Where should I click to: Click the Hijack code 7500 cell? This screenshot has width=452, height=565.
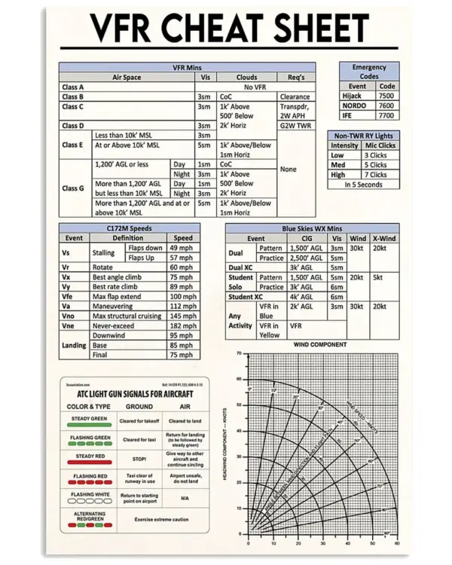[x=386, y=96]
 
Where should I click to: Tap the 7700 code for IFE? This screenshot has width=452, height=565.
[x=386, y=116]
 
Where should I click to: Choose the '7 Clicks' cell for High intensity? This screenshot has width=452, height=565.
[x=376, y=175]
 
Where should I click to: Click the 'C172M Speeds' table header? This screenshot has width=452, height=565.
[x=130, y=228]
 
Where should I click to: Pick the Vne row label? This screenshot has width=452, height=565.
[x=67, y=325]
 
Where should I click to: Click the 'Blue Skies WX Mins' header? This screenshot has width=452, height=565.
[x=312, y=228]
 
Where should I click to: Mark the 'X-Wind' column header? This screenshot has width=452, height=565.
[x=384, y=238]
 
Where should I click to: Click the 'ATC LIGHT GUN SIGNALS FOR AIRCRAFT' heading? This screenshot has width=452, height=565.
[x=135, y=394]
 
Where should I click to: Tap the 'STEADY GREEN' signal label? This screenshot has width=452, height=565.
[x=89, y=418]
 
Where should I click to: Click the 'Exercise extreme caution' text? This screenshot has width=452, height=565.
[x=161, y=520]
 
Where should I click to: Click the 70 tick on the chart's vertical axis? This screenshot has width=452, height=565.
[x=239, y=353]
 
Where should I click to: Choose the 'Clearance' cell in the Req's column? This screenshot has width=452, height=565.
[x=295, y=97]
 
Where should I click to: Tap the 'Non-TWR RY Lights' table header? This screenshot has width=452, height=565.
[x=364, y=136]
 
